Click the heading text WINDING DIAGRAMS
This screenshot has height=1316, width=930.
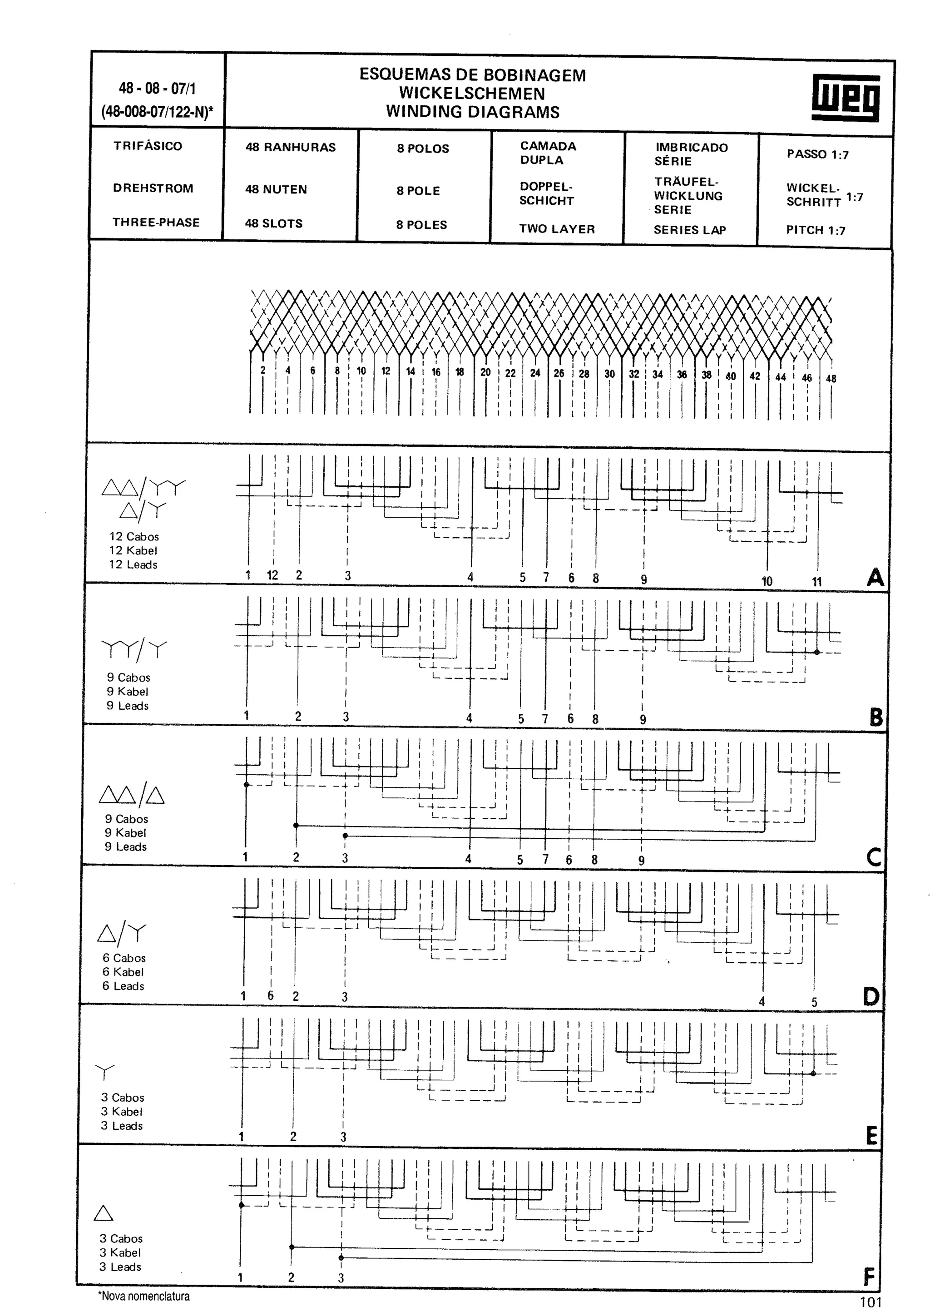pyautogui.click(x=473, y=112)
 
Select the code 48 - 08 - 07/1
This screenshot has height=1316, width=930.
pyautogui.click(x=157, y=88)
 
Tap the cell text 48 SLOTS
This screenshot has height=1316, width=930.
pyautogui.click(x=274, y=223)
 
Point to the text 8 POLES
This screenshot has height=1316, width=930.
pyautogui.click(x=421, y=225)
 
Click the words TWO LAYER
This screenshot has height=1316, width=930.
pyautogui.click(x=557, y=229)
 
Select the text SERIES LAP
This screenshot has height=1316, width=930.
pyautogui.click(x=689, y=230)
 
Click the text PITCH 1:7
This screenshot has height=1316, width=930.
pyautogui.click(x=816, y=230)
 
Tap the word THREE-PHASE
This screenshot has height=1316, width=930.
pyautogui.click(x=156, y=223)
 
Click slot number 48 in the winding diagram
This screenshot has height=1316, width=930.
pyautogui.click(x=831, y=379)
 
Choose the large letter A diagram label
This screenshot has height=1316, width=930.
pyautogui.click(x=875, y=577)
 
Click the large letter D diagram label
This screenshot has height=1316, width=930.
pyautogui.click(x=871, y=998)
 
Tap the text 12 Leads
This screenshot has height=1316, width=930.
pyautogui.click(x=133, y=564)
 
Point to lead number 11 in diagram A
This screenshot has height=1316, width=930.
pyautogui.click(x=816, y=582)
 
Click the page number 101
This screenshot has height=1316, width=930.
pyautogui.click(x=871, y=1301)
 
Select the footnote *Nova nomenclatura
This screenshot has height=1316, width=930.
pyautogui.click(x=144, y=1296)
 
